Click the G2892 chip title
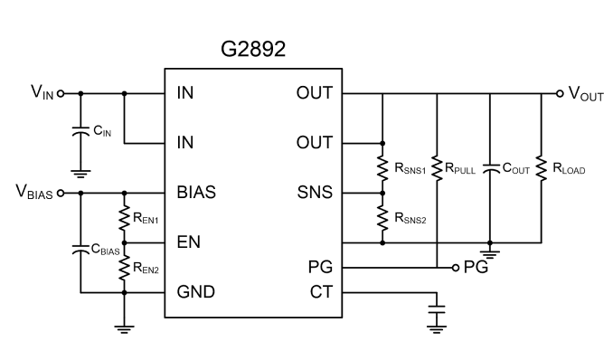click(253, 49)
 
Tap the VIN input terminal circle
click(61, 93)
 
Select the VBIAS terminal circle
click(61, 193)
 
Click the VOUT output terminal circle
click(560, 93)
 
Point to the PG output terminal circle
click(456, 268)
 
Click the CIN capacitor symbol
click(81, 131)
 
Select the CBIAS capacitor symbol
click(81, 250)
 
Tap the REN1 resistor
click(125, 218)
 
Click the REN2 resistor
click(125, 267)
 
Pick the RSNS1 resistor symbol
click(382, 168)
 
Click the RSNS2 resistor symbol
click(382, 218)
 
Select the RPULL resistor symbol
click(437, 168)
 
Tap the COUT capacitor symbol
click(490, 168)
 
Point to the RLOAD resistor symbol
click(542, 168)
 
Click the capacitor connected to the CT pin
click(437, 309)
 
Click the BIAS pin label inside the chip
click(196, 193)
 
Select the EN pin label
click(188, 242)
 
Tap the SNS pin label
click(315, 193)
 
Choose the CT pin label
click(321, 292)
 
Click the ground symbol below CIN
click(81, 174)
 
